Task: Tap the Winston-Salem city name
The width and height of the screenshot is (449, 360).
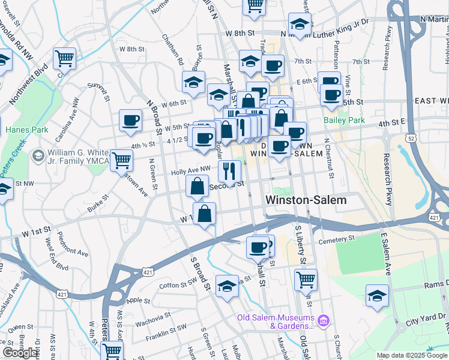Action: coord(306,200)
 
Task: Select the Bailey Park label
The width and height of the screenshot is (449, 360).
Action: coord(344,120)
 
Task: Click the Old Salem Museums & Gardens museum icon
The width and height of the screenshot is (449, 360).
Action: coord(325,321)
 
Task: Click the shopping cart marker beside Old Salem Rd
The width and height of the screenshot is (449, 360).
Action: coord(306,280)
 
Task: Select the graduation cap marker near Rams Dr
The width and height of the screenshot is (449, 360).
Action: coord(377,296)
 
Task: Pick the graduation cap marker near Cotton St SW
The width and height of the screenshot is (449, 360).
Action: coord(228,287)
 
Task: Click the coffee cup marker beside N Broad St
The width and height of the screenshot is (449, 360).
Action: coord(130,121)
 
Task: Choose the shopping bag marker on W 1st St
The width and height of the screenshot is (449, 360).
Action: coord(205,214)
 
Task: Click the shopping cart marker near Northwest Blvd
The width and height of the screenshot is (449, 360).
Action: coord(64,59)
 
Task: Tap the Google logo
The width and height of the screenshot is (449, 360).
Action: coord(20,353)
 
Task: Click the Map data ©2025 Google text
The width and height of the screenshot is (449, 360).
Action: coord(412,355)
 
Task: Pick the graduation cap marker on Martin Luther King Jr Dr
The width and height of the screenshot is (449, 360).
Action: coord(300,25)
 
